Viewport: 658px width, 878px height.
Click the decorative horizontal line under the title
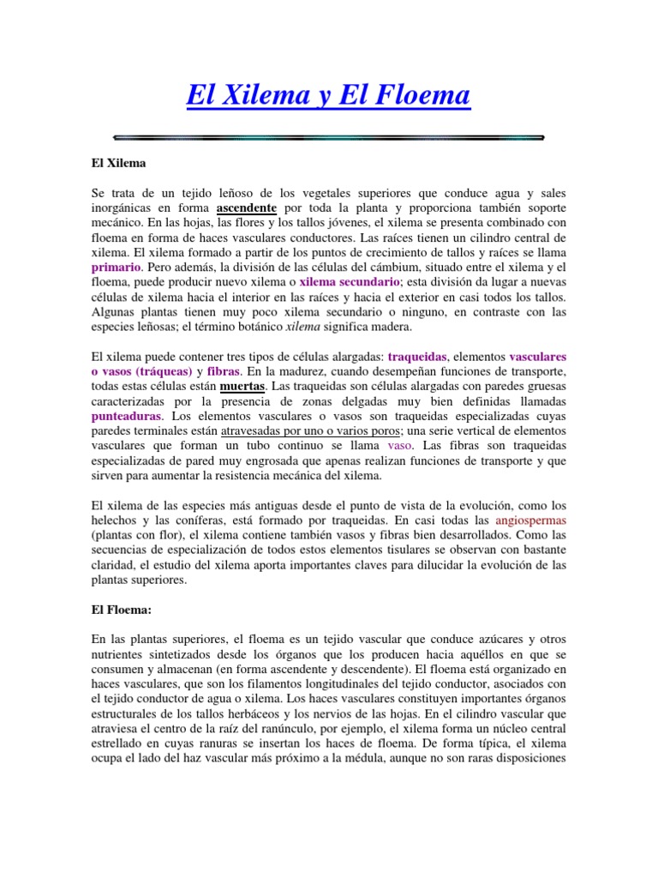tap(328, 136)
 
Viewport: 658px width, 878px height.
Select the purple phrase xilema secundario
tap(349, 281)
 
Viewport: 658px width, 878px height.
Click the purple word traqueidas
tap(417, 355)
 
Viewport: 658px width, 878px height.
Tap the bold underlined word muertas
tap(243, 386)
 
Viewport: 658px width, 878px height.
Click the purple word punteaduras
tap(126, 416)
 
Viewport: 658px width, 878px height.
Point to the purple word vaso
tap(399, 446)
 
